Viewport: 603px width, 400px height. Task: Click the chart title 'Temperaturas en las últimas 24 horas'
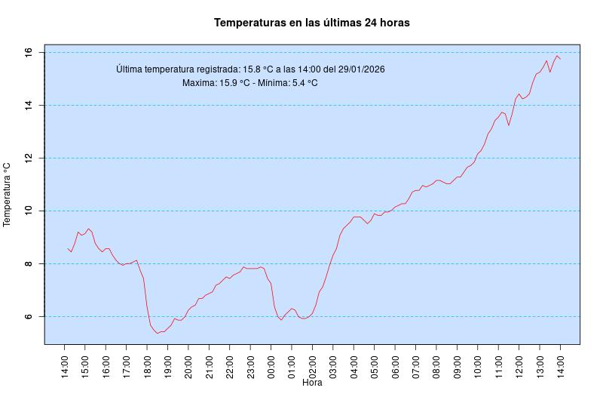pos(311,23)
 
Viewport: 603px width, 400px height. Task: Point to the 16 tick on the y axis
pos(28,52)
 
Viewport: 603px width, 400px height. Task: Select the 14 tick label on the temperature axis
pos(28,105)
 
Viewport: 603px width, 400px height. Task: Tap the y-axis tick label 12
pos(28,158)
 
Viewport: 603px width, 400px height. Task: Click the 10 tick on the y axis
pos(28,211)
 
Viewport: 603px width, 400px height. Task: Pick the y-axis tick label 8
pos(28,263)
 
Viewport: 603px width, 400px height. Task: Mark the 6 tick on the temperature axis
pos(28,316)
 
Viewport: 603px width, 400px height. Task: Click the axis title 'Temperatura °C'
pos(8,194)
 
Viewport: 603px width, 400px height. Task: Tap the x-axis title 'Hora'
pos(312,383)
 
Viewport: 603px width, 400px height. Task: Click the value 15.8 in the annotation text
pos(251,69)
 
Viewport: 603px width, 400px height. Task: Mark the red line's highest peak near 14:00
pos(557,55)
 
